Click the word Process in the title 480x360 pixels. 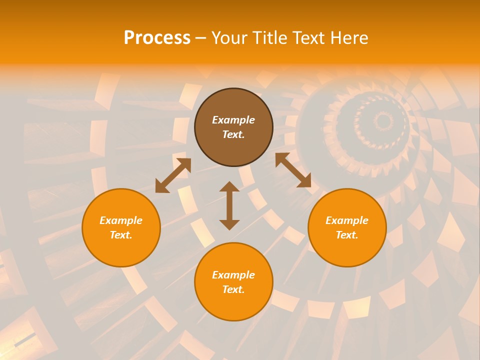coord(157,38)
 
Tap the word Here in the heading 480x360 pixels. coord(348,38)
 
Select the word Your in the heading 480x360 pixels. coord(229,38)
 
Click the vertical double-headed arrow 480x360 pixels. coord(229,205)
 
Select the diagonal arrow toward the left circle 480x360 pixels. coord(173,175)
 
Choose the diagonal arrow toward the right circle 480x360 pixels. coord(293,170)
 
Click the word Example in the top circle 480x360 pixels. coord(233,120)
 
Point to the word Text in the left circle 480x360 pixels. coord(120,235)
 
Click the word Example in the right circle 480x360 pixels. coord(347,220)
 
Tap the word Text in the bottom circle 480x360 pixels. coord(233,289)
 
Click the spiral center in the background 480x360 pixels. coord(383,120)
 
